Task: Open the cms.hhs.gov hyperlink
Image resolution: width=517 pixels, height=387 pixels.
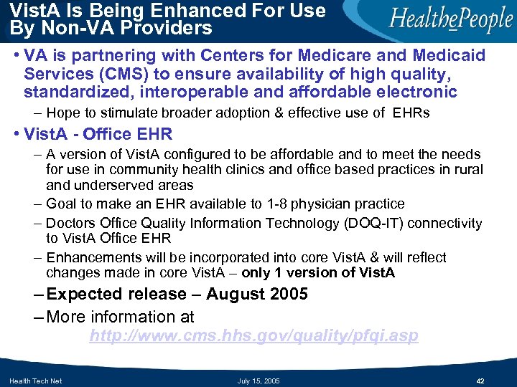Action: tap(253, 336)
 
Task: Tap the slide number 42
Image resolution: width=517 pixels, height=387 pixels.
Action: tap(480, 380)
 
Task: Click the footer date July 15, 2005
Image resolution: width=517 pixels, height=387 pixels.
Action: tap(258, 380)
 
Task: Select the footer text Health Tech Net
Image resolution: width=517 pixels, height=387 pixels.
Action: tap(35, 380)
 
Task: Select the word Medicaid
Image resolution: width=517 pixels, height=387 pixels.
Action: tap(450, 56)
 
